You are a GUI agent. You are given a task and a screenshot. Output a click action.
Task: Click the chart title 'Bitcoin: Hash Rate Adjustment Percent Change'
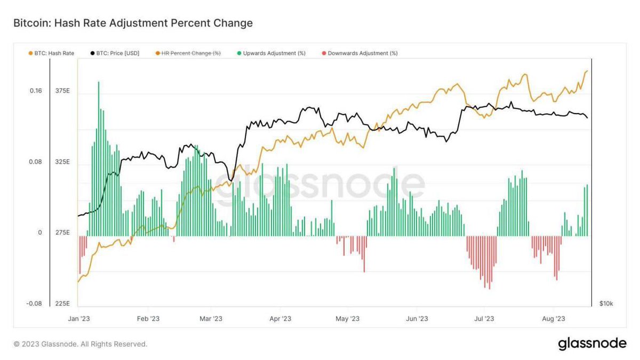point(133,23)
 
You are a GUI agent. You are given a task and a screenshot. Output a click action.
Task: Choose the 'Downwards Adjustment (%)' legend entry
point(359,53)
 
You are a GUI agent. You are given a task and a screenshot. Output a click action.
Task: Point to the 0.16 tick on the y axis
point(35,91)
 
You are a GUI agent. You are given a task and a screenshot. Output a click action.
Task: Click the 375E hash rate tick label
point(62,91)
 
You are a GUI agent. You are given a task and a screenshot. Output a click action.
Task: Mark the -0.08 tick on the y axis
point(34,303)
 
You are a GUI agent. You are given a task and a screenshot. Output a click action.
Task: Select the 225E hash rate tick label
point(62,303)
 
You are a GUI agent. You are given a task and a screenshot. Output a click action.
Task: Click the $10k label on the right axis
point(606,303)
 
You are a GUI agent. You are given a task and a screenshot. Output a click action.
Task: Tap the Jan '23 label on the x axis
point(78,318)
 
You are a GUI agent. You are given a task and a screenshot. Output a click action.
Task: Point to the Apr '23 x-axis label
point(280,318)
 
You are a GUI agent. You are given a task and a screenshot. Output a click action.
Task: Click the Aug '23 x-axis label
point(554,318)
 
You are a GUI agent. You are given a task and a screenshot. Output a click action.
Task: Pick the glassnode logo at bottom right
point(592,344)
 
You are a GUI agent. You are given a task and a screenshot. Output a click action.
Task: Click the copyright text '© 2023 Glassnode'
point(80,344)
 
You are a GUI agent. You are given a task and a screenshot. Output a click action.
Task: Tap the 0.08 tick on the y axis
point(35,162)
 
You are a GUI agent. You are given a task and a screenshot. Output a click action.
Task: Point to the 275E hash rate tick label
point(62,233)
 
